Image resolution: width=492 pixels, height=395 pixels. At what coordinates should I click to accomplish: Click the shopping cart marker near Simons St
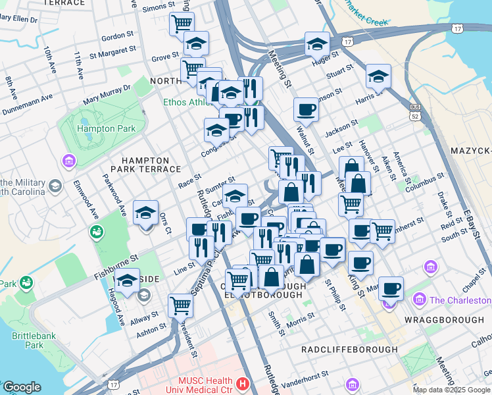[x=182, y=24]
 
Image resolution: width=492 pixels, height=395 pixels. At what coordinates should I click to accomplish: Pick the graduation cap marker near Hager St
[x=317, y=43]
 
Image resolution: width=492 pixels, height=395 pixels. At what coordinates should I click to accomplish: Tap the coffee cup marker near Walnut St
[x=306, y=109]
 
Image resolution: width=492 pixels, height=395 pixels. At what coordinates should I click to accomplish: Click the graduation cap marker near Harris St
[x=378, y=76]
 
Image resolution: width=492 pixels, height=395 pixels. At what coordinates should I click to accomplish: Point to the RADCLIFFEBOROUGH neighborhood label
[x=349, y=350]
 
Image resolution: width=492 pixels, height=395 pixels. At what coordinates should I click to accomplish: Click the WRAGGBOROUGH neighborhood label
[x=444, y=319]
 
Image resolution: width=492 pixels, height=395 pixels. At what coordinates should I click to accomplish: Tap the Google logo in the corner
[x=21, y=387]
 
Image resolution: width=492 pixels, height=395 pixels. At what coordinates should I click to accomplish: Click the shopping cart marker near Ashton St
[x=180, y=305]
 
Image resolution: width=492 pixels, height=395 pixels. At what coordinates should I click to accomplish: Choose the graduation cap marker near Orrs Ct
[x=145, y=212]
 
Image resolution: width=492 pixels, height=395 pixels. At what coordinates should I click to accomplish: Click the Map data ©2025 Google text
[x=452, y=390]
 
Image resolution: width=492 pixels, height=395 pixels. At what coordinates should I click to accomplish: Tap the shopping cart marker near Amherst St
[x=382, y=230]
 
